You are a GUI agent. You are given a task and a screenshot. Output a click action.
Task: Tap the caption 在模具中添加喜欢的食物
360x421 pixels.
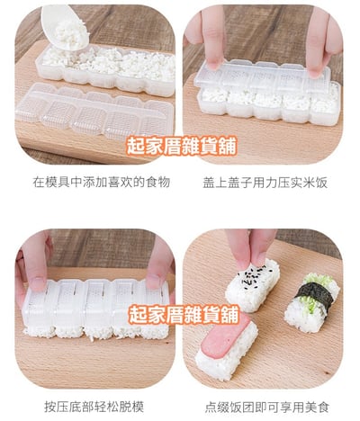click(x=102, y=183)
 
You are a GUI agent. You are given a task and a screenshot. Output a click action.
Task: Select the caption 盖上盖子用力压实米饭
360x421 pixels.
click(x=265, y=183)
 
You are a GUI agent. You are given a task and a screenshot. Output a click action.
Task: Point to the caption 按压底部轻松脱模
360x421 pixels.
click(x=94, y=407)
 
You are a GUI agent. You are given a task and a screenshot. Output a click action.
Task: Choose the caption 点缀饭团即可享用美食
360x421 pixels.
click(x=267, y=407)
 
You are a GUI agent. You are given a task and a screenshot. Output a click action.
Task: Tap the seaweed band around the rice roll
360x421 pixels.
click(x=314, y=295)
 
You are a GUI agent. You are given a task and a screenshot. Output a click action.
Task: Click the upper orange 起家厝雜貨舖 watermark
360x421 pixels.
click(x=182, y=146)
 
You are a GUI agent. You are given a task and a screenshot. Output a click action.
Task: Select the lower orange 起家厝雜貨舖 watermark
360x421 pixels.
click(x=184, y=315)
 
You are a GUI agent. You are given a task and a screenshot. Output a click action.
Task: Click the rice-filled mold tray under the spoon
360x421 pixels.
click(x=105, y=70)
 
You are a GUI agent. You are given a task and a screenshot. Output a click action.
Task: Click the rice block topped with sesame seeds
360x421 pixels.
click(x=252, y=285)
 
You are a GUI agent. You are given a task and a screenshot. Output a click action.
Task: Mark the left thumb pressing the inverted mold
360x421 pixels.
click(x=35, y=264)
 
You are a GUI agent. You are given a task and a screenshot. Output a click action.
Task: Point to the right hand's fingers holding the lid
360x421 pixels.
click(x=322, y=42)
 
